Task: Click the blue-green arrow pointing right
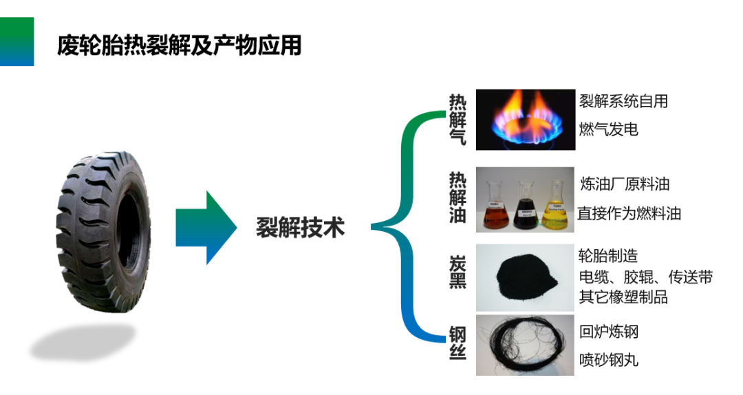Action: tap(206, 227)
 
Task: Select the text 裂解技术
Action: tap(300, 227)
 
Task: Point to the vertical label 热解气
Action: tap(457, 120)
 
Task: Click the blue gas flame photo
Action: tap(524, 120)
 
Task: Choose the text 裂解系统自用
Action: tap(623, 101)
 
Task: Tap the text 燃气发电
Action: tap(609, 129)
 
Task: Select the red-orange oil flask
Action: tap(495, 206)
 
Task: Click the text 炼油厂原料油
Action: tap(625, 184)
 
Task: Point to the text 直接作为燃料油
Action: tap(629, 213)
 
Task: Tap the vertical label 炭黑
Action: tap(457, 272)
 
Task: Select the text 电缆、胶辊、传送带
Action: tap(645, 277)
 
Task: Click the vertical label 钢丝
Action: tap(457, 343)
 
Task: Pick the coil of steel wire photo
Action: tap(525, 345)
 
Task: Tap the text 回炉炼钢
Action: tap(609, 332)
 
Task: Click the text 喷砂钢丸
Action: tap(609, 359)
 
